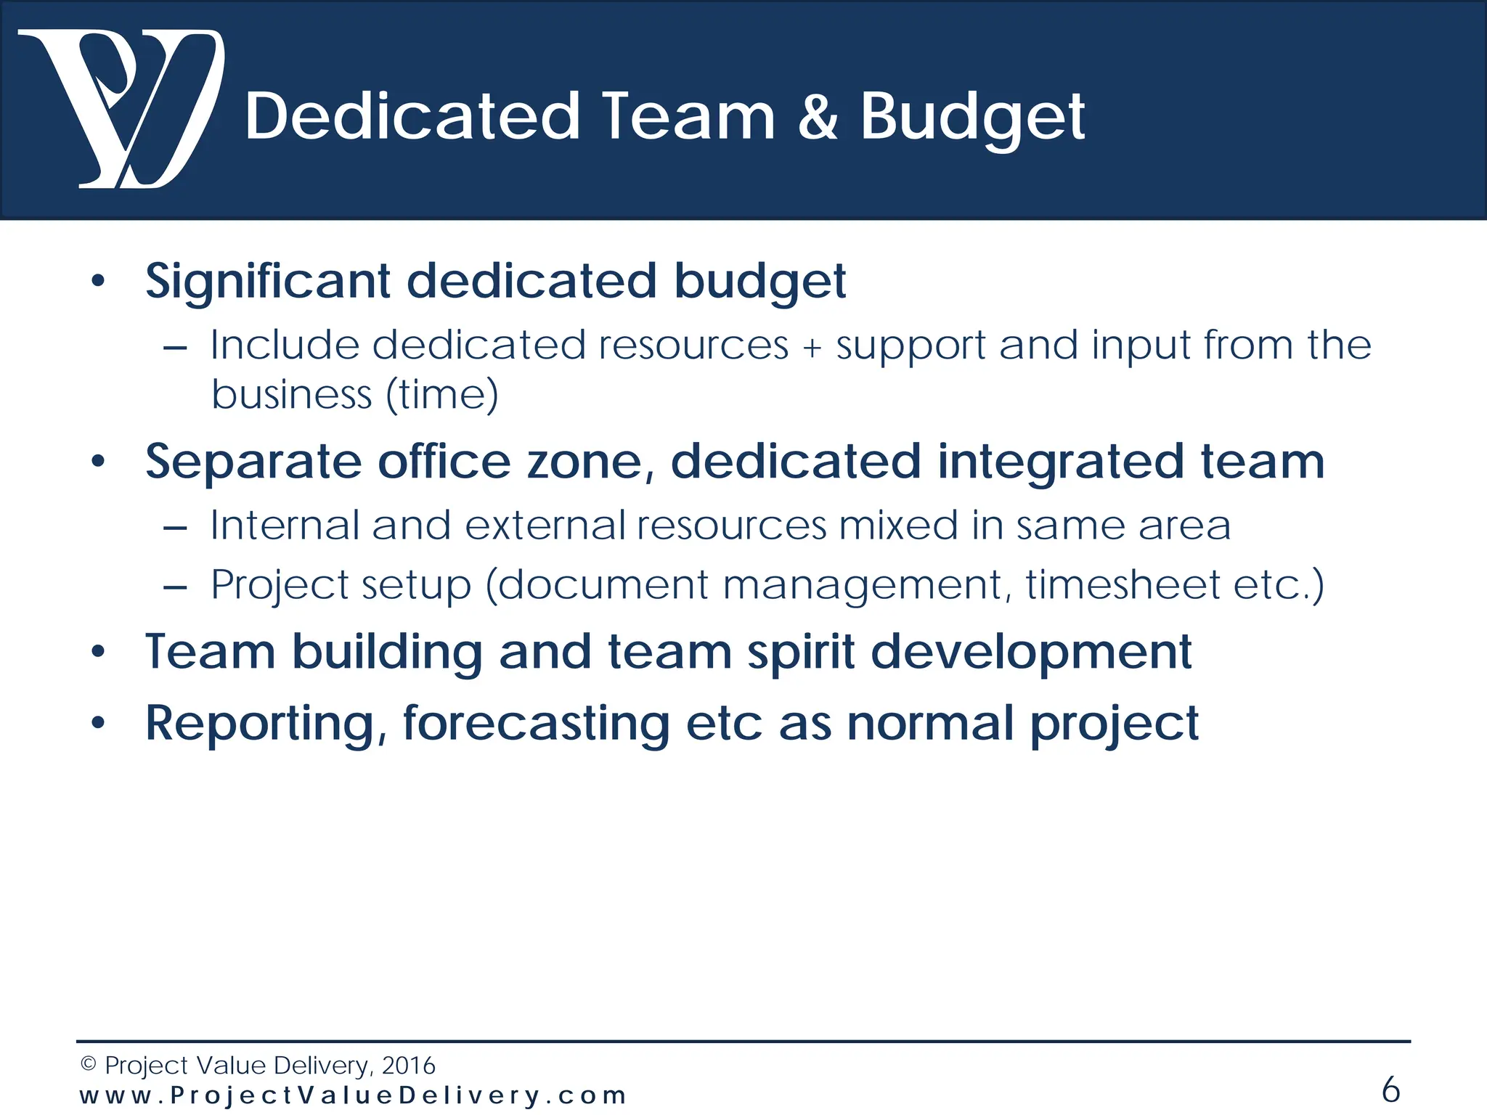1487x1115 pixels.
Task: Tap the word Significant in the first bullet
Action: coord(267,282)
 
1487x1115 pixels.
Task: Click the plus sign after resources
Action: coord(812,348)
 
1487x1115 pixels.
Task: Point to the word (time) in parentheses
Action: coord(442,396)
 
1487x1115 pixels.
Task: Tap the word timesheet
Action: coord(1123,584)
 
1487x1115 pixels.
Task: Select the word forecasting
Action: coord(536,724)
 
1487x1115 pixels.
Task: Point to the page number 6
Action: coord(1390,1090)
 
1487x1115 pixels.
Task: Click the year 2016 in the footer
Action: coord(408,1065)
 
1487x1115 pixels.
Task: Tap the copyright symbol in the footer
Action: coord(88,1064)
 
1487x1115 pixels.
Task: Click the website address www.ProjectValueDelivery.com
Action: coord(353,1095)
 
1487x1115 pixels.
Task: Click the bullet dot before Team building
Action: coord(99,651)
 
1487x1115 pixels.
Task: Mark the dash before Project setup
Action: coord(175,586)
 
